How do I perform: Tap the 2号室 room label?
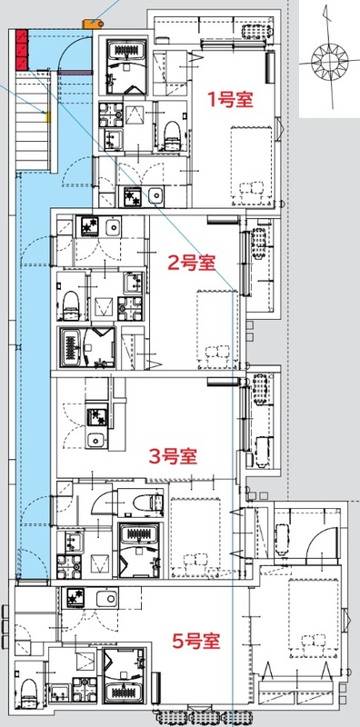191,264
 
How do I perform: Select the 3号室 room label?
174,454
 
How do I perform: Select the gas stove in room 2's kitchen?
91,225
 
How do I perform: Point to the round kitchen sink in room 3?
93,441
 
